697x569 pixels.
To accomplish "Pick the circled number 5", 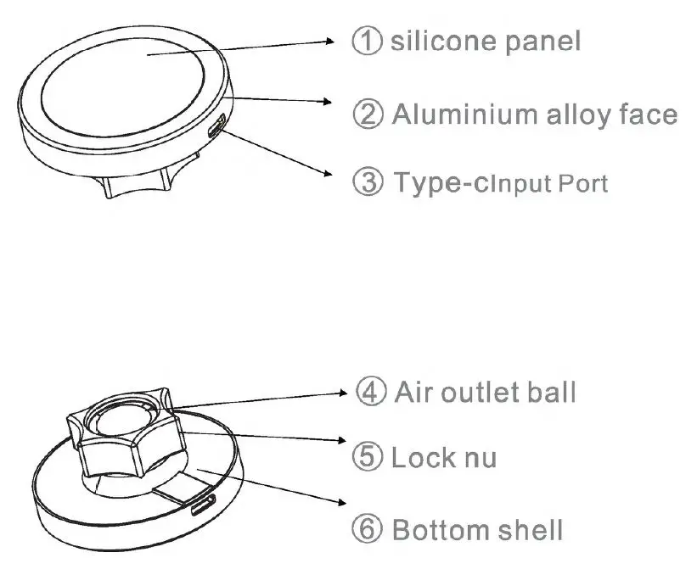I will (x=368, y=458).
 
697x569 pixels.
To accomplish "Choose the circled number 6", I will (x=368, y=531).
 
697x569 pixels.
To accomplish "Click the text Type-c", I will (x=441, y=183).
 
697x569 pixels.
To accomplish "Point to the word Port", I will (x=582, y=184).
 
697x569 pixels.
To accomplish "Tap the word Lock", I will (x=424, y=458).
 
